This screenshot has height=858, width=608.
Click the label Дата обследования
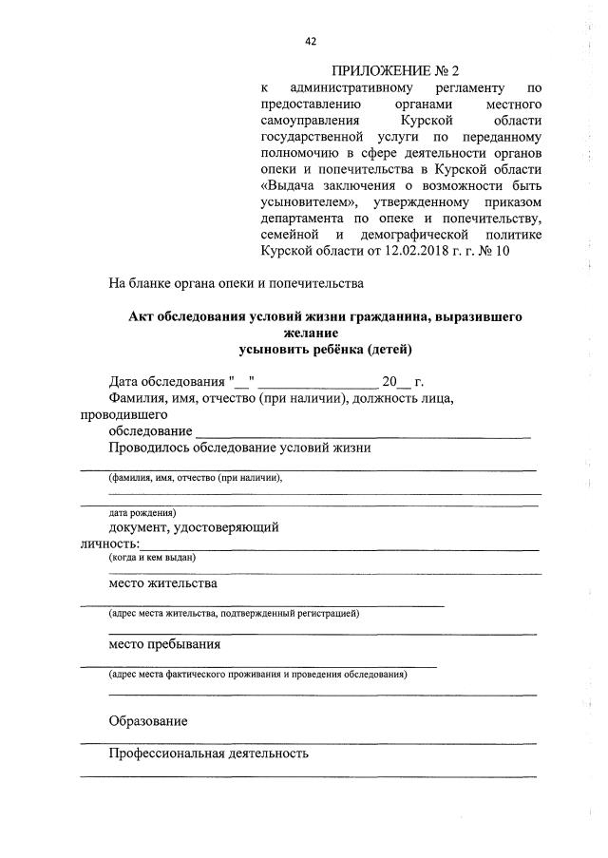(x=163, y=382)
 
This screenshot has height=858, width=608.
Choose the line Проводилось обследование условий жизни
(x=239, y=448)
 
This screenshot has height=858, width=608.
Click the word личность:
(x=109, y=543)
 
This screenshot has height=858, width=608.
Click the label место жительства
(x=163, y=583)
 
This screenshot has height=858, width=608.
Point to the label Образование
(x=147, y=721)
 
